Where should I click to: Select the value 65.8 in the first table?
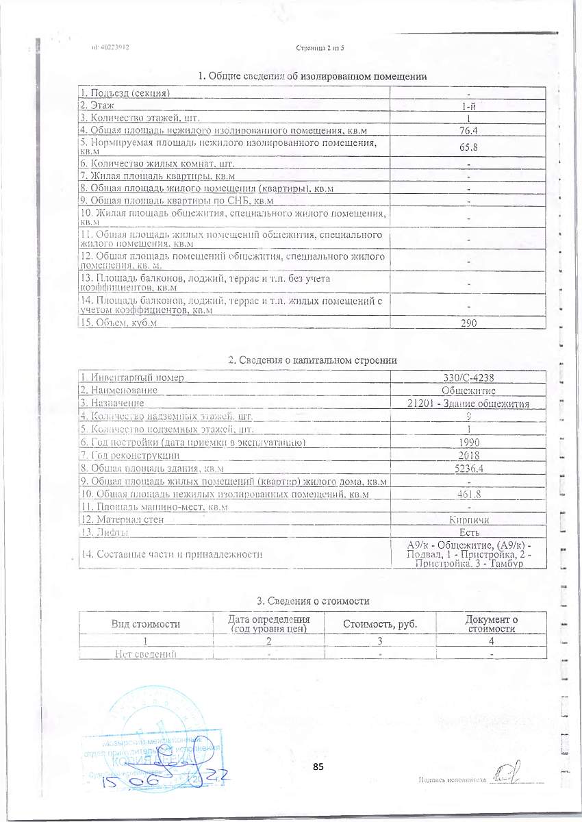(x=468, y=147)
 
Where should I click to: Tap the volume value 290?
(x=468, y=323)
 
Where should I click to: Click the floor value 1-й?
(x=468, y=106)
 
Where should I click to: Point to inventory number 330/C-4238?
(x=468, y=377)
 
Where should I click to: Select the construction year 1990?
(x=468, y=443)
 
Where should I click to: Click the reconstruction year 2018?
(x=468, y=456)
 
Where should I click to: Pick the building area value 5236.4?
(x=468, y=469)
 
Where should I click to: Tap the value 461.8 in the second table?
(x=468, y=494)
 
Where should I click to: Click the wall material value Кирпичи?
(x=468, y=520)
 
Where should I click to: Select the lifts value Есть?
(x=468, y=532)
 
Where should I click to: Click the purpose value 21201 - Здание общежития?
(x=468, y=403)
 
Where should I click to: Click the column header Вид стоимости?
(x=146, y=624)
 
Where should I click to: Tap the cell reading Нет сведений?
(x=146, y=653)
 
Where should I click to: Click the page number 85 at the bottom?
(x=318, y=767)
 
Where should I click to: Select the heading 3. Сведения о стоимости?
(x=313, y=601)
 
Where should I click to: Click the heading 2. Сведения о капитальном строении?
(x=312, y=360)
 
